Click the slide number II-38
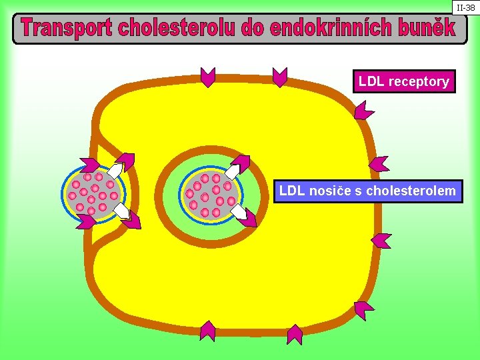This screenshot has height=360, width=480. pyautogui.click(x=465, y=7)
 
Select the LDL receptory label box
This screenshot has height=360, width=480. pyautogui.click(x=404, y=81)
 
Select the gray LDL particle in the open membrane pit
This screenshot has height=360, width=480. pyautogui.click(x=93, y=194)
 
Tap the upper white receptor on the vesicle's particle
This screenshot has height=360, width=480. pyautogui.click(x=233, y=172)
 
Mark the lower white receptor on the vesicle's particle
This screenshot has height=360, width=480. pyautogui.click(x=238, y=212)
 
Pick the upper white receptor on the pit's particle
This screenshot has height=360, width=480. pyautogui.click(x=115, y=171)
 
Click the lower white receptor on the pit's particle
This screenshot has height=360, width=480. pyautogui.click(x=121, y=211)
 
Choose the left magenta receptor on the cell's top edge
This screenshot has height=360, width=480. pyautogui.click(x=208, y=77)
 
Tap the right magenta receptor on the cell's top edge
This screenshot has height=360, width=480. pyautogui.click(x=280, y=77)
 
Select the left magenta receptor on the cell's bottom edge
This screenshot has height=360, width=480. pyautogui.click(x=208, y=330)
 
